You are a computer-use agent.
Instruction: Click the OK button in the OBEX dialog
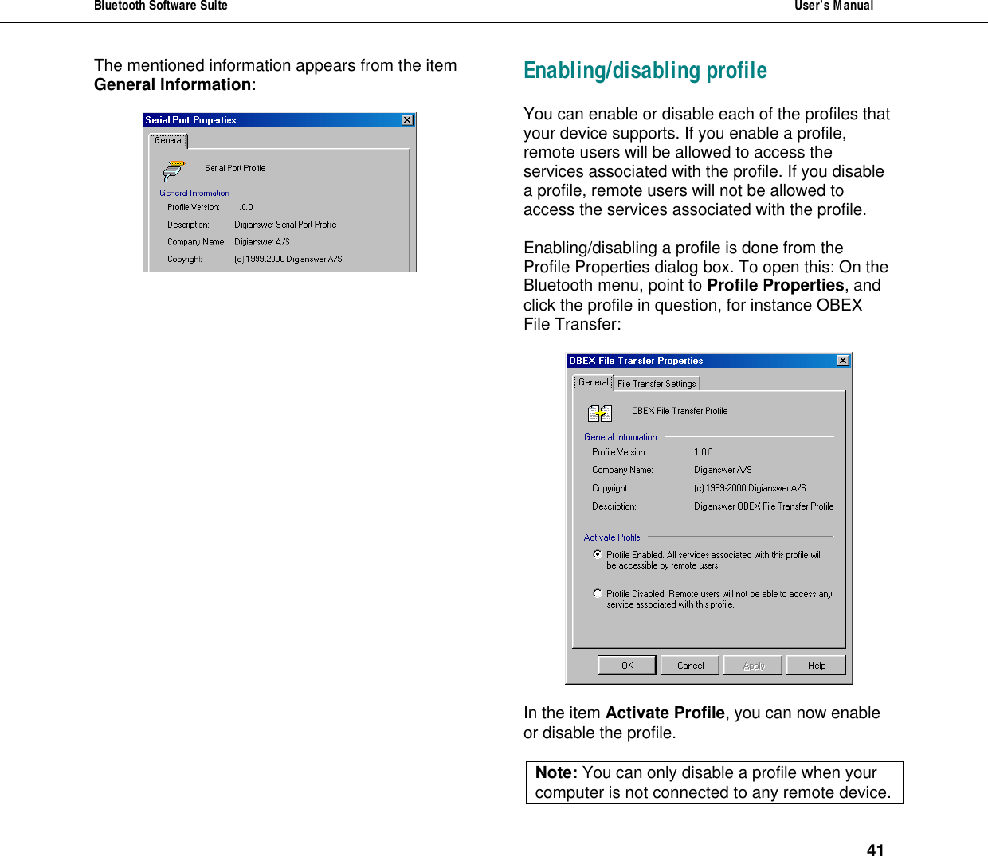point(626,665)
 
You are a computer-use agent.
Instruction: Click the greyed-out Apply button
point(753,665)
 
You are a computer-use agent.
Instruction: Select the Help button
point(816,665)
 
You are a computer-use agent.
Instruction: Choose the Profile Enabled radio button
point(598,554)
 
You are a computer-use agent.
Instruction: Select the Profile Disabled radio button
point(598,593)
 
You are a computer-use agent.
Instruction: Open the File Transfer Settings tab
point(657,384)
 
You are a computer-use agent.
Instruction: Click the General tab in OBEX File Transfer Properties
point(593,382)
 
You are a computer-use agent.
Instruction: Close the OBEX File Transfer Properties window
point(843,361)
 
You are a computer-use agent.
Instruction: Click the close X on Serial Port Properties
point(407,120)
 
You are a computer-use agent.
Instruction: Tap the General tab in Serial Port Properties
point(169,140)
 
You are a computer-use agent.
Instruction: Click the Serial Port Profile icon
point(174,170)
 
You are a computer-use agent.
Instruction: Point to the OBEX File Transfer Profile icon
point(599,412)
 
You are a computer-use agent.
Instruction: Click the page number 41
point(875,850)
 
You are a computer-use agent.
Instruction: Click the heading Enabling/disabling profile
point(645,71)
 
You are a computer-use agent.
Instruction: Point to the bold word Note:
point(556,772)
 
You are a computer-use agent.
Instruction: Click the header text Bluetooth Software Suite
point(161,6)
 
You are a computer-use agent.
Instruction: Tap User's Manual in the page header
point(833,6)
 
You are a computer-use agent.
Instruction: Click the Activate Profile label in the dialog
point(612,537)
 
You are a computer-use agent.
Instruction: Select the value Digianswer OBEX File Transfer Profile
point(763,506)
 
